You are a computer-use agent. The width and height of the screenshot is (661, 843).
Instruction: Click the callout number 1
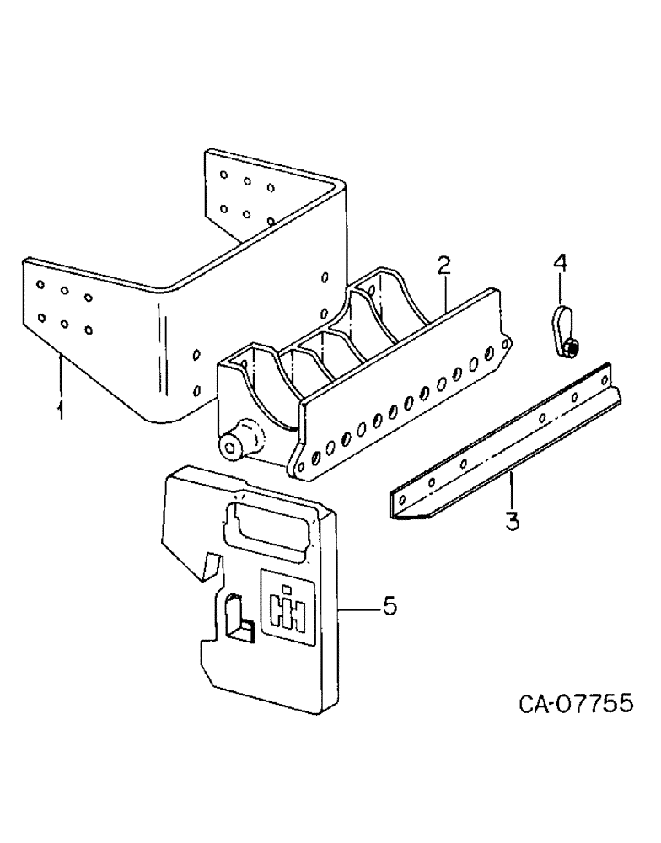click(x=60, y=411)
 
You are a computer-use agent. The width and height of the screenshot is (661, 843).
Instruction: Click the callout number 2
click(x=444, y=267)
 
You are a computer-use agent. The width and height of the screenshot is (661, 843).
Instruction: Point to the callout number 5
click(x=389, y=606)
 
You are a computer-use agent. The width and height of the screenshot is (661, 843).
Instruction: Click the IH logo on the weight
click(x=286, y=608)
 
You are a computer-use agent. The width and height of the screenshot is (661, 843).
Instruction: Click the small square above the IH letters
click(x=286, y=588)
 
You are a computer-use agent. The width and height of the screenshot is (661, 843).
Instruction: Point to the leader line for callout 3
click(x=511, y=493)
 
